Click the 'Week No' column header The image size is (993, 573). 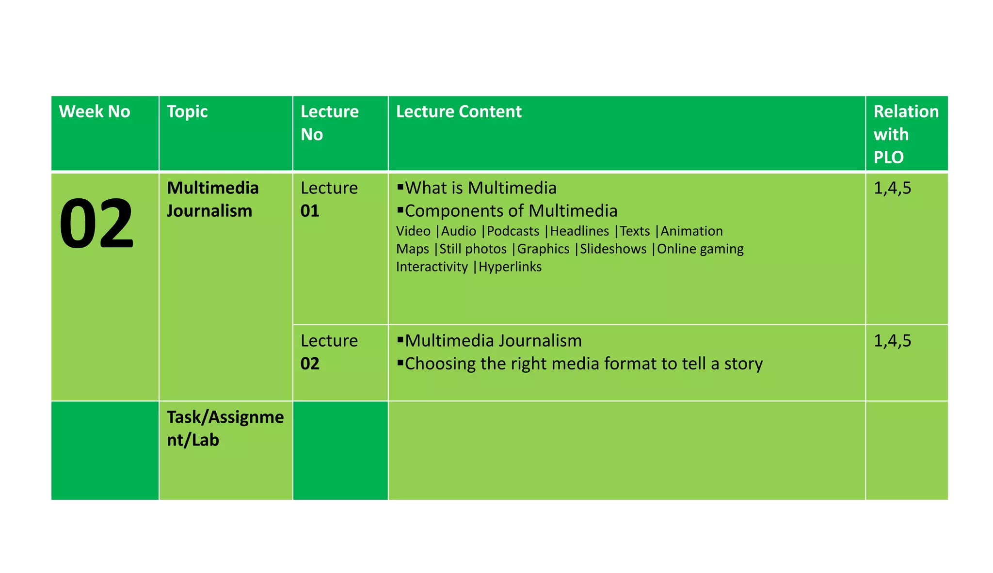coord(95,112)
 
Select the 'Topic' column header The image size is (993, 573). coord(187,112)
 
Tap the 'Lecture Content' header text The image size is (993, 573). coord(459,112)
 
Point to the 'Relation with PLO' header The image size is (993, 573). coord(906,134)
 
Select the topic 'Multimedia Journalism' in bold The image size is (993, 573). coord(212,199)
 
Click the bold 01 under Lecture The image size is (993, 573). coord(310,211)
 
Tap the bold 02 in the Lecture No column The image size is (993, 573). coord(310,364)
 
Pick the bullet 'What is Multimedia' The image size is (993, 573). coord(480,188)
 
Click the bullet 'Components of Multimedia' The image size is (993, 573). coord(511,211)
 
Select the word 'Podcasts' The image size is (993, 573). coord(513,231)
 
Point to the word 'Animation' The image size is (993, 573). coord(691,231)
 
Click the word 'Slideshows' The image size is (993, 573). coord(613,249)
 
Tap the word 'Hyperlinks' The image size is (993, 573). coord(510,267)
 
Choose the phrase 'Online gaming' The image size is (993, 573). coord(700,249)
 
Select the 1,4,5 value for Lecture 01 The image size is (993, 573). coord(892,188)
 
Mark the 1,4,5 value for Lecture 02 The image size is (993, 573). coord(892,341)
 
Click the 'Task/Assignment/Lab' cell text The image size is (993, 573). coord(225,429)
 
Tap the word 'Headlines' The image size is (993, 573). coord(579,231)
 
